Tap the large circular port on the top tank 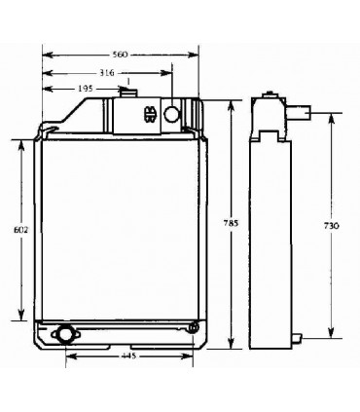click(173, 115)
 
